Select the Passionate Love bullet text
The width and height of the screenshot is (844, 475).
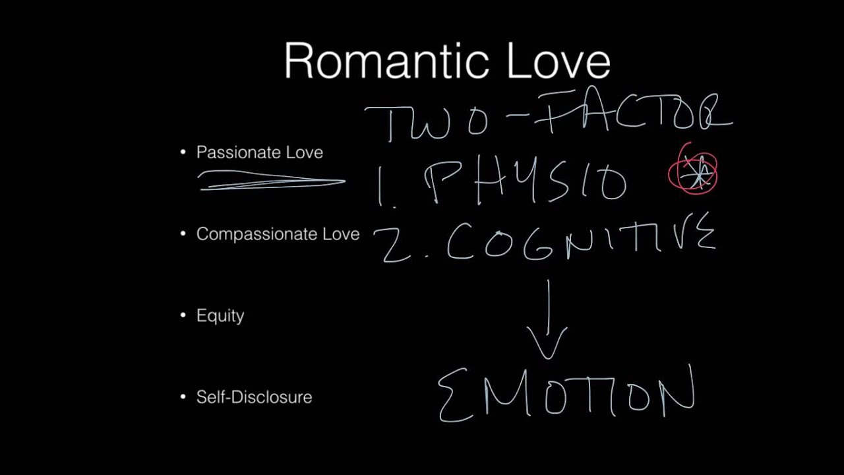[259, 152]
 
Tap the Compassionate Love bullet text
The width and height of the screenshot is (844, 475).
[278, 234]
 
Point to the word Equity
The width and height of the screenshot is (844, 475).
[220, 316]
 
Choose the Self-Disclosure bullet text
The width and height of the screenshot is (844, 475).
[254, 397]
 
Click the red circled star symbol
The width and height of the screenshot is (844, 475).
[693, 172]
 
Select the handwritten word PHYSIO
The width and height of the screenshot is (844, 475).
[527, 181]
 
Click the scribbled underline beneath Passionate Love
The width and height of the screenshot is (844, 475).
[270, 180]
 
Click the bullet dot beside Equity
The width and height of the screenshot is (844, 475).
[183, 316]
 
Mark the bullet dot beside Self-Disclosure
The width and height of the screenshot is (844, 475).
[183, 397]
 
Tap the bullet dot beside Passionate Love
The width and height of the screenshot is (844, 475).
[183, 152]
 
